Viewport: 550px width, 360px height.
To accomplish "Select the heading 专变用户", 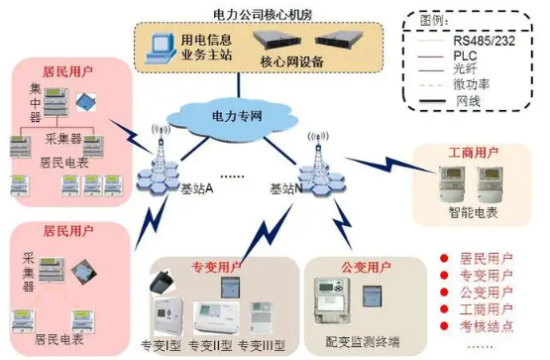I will tap(210, 268).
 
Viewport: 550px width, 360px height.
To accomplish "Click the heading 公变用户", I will tap(363, 268).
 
